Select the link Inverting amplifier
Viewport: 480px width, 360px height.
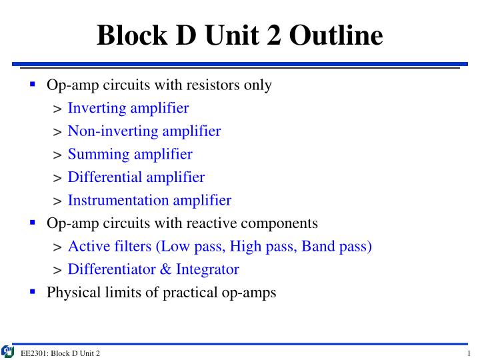(x=128, y=108)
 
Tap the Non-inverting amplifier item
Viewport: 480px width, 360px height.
(x=144, y=131)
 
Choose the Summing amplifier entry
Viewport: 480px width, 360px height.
(x=130, y=155)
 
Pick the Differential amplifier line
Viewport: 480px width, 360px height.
(x=136, y=177)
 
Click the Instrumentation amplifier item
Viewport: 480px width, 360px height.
(x=149, y=200)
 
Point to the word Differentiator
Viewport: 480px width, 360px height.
(x=110, y=269)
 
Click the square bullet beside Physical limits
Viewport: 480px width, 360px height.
(x=32, y=291)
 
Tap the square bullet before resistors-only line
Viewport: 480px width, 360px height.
(x=32, y=84)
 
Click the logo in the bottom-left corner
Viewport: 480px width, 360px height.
(x=8, y=351)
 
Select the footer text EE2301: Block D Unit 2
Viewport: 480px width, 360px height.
(x=61, y=353)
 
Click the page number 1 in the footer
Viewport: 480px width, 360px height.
(x=469, y=353)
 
